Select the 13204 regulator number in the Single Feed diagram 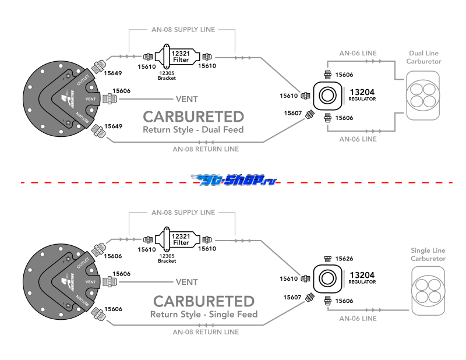pyautogui.click(x=361, y=275)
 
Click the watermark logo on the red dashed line pyautogui.click(x=235, y=181)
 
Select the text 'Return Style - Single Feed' pyautogui.click(x=203, y=315)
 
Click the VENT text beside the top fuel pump pyautogui.click(x=187, y=100)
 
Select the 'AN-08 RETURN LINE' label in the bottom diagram pyautogui.click(x=206, y=332)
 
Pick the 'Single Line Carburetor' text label pyautogui.click(x=428, y=254)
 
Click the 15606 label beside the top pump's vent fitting pyautogui.click(x=121, y=91)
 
